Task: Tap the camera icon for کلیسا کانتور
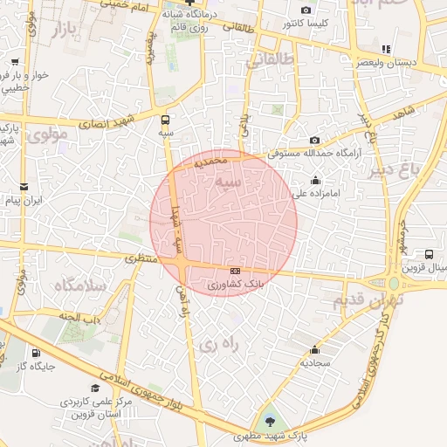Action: coord(305,10)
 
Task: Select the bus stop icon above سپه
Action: coord(166,120)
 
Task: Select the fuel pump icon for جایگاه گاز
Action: coord(36,354)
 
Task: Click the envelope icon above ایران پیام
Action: coord(24,186)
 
